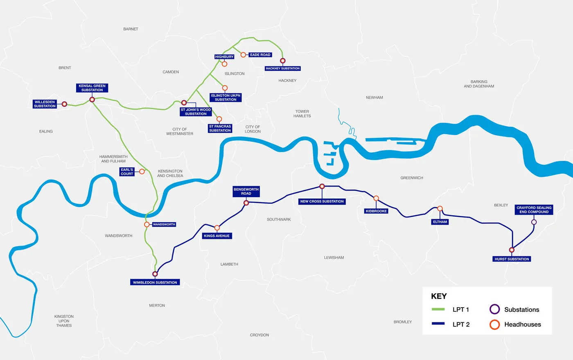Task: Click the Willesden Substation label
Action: click(x=45, y=104)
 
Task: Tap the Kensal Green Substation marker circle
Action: click(x=92, y=99)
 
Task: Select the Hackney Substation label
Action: click(x=282, y=68)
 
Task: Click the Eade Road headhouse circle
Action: click(x=243, y=55)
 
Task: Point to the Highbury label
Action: click(x=224, y=57)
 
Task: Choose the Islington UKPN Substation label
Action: click(x=226, y=97)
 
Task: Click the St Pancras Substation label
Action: click(x=220, y=128)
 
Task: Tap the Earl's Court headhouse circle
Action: click(x=142, y=171)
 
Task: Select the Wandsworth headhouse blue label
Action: click(x=164, y=225)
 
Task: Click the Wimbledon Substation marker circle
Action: click(x=155, y=274)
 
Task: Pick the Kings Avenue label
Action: click(x=217, y=236)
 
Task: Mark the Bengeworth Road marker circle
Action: click(x=246, y=203)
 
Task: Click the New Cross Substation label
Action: click(x=322, y=201)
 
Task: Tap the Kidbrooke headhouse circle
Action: click(x=376, y=198)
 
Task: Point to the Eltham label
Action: click(x=440, y=222)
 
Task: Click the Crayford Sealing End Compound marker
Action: click(x=534, y=222)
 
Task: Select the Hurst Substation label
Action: click(x=512, y=259)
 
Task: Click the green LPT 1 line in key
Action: click(x=438, y=310)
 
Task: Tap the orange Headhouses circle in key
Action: click(x=495, y=324)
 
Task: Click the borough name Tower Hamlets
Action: click(x=302, y=114)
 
